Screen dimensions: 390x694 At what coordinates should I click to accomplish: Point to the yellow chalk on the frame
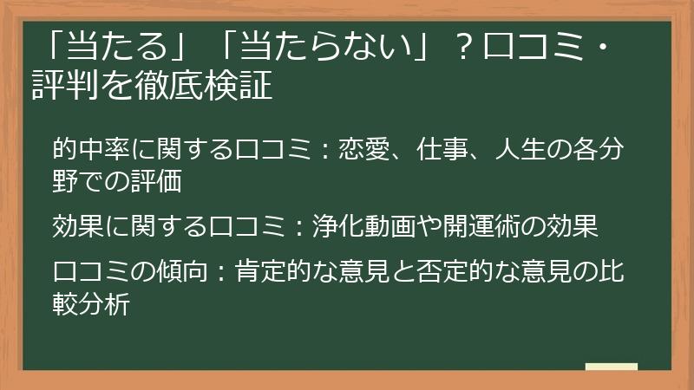(611, 367)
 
